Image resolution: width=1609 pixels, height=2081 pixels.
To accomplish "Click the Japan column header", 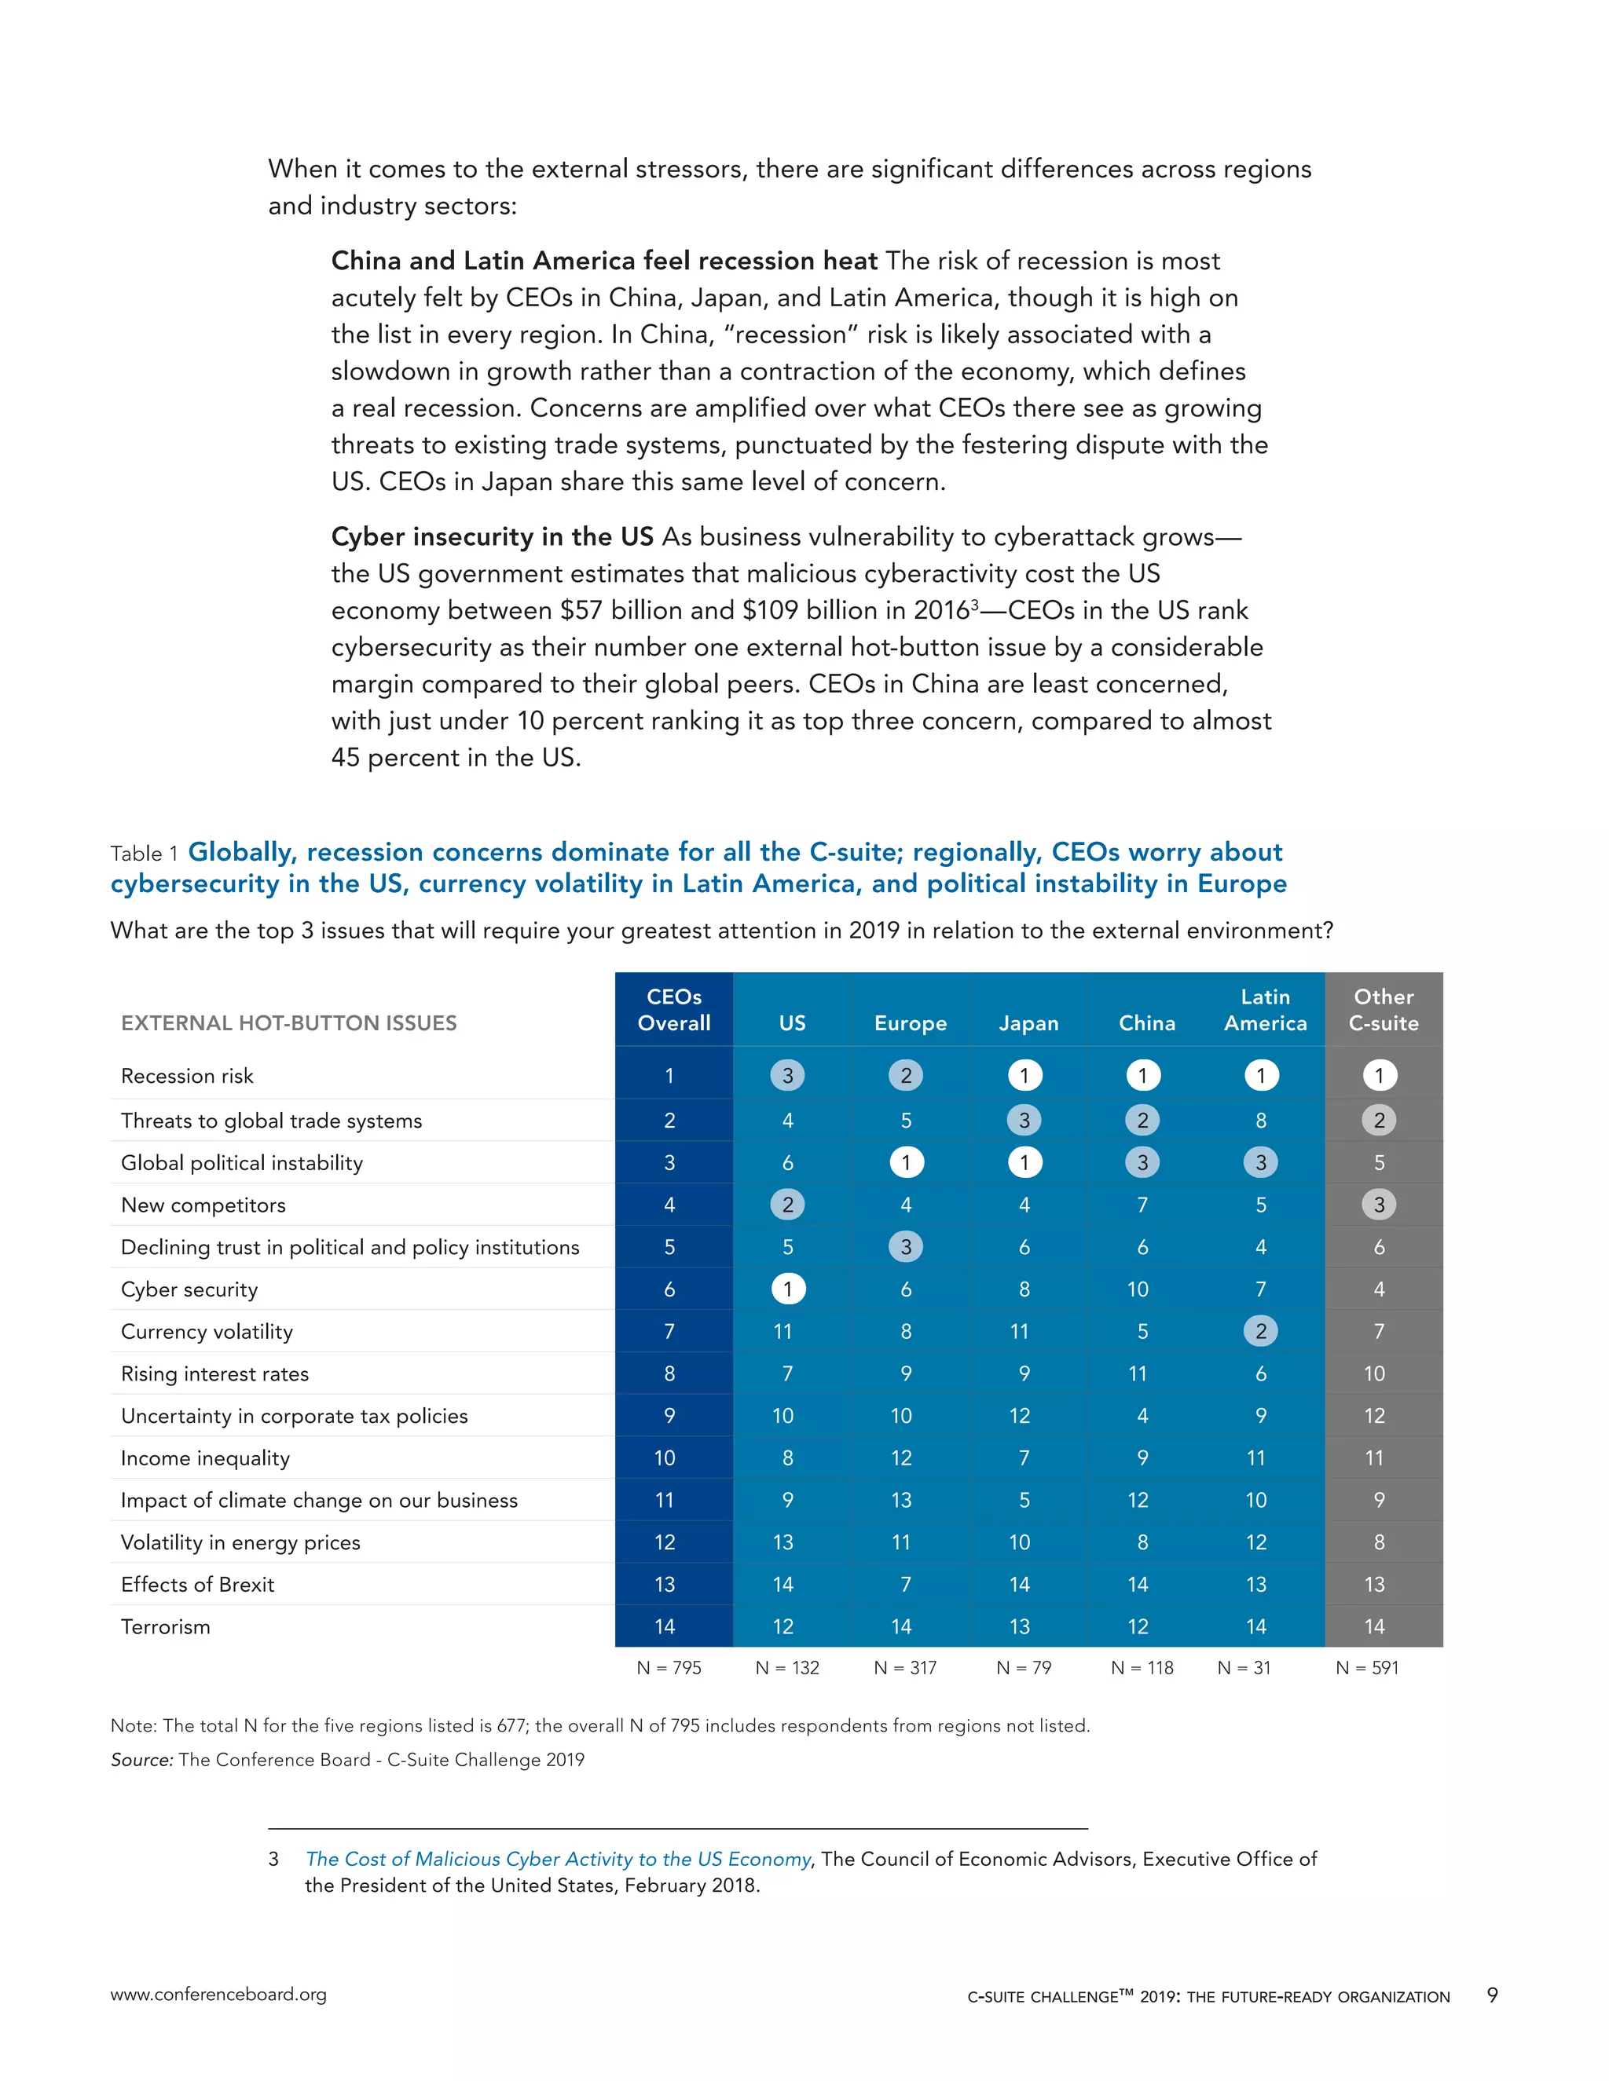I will (x=1028, y=1022).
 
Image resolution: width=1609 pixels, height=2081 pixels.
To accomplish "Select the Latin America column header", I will (x=1265, y=1010).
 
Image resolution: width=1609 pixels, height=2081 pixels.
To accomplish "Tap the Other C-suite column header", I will (x=1383, y=1010).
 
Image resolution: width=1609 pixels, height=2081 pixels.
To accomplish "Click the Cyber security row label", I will (x=189, y=1289).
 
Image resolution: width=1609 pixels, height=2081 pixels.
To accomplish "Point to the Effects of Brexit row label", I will (x=197, y=1585).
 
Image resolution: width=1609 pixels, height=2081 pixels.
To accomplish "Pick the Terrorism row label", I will (x=165, y=1626).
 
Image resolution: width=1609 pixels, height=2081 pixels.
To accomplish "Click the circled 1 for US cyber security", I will (x=787, y=1289).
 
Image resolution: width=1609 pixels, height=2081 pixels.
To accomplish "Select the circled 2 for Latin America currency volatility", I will (x=1260, y=1331).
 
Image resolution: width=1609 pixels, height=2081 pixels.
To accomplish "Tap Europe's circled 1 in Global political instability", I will (x=906, y=1162).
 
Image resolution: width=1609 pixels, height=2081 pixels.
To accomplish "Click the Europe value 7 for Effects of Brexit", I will (x=906, y=1585).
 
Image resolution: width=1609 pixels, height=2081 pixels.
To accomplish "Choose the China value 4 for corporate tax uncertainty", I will (x=1142, y=1416).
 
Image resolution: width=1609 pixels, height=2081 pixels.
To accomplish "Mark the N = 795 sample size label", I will (x=669, y=1667).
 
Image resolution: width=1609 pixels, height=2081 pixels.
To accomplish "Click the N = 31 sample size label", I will (x=1243, y=1667).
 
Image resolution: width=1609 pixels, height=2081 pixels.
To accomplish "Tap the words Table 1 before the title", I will (x=144, y=854).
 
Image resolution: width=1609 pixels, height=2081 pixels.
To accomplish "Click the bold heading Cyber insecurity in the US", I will (x=492, y=536).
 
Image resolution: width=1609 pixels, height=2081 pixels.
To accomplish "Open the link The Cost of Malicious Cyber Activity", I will (x=558, y=1859).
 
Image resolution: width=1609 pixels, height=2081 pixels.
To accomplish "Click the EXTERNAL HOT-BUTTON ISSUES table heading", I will (x=289, y=1022).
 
